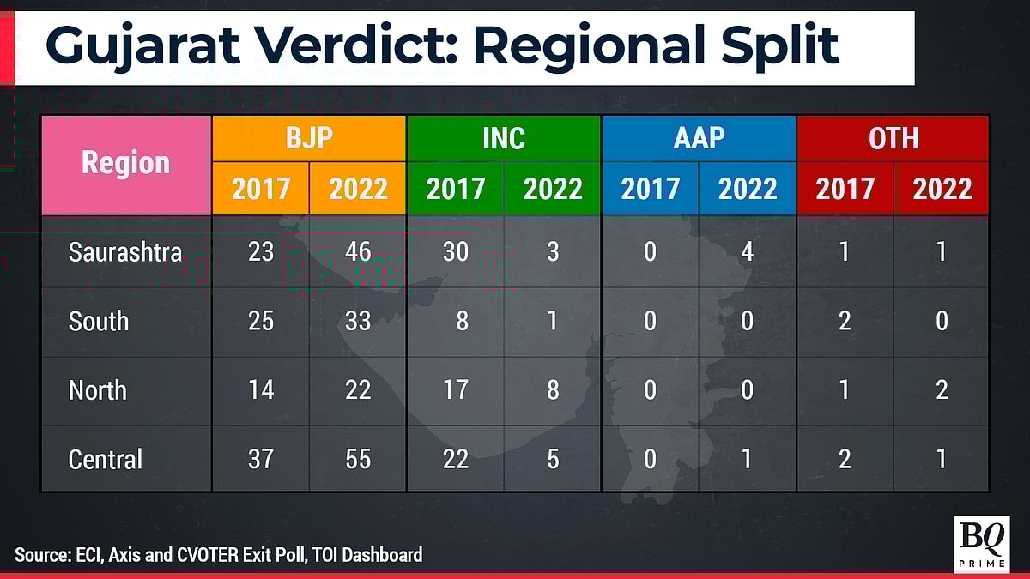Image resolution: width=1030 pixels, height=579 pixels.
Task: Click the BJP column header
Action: coord(309,138)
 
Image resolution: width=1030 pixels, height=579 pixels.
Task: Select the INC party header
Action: coord(504,138)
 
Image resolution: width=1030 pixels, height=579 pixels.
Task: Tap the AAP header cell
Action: coord(699,138)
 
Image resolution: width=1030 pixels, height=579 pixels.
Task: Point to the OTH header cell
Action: coord(894,138)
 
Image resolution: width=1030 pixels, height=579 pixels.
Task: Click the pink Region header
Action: coord(126,163)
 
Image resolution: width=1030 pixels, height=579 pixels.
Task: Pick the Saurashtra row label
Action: coord(125,252)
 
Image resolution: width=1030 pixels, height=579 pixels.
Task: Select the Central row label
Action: coord(106,459)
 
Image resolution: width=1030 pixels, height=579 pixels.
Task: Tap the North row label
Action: coord(98,390)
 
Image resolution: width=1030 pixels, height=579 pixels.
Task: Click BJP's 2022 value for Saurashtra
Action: coord(358,252)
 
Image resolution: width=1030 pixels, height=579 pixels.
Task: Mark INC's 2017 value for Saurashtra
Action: coord(455,252)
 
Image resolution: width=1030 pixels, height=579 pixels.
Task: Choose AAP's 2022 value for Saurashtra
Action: coord(747,252)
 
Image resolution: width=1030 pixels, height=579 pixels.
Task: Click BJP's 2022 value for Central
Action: coord(358,459)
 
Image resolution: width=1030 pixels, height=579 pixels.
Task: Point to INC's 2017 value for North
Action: coord(455,390)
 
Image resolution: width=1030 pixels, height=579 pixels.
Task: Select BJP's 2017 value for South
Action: coord(261,321)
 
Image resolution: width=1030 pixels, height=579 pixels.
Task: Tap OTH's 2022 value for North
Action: coord(942,390)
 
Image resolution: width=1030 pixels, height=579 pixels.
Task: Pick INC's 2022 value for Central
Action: coord(553,459)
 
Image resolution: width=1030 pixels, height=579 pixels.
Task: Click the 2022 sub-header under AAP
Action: coord(747,189)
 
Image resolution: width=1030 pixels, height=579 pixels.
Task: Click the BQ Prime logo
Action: coord(980,544)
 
